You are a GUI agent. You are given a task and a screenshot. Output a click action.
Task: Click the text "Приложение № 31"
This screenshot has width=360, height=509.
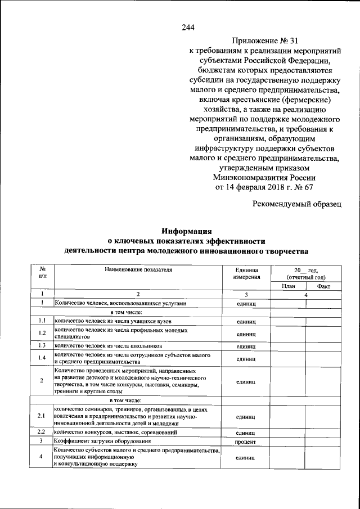pos(264,41)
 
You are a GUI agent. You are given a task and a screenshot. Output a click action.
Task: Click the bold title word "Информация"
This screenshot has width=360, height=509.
pos(186,230)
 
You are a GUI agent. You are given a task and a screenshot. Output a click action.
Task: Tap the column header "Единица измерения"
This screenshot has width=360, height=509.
pos(246,273)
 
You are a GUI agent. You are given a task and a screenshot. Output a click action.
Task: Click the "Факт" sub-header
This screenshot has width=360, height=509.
pos(323,286)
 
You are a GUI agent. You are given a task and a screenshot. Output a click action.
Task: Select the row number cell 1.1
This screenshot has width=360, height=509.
pos(42,322)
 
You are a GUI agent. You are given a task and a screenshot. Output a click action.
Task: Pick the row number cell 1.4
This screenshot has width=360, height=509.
pos(42,358)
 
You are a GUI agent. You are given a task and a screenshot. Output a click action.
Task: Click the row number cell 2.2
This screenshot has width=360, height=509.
pos(42,433)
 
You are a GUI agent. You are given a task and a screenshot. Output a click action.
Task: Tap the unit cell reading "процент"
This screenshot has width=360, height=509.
pos(246,442)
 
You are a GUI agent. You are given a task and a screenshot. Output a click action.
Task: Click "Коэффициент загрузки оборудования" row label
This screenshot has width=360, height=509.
pos(102,442)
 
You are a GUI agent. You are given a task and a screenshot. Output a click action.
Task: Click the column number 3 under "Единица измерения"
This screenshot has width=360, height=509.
pos(246,295)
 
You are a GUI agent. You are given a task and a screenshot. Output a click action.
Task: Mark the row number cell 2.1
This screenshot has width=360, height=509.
pos(42,416)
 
